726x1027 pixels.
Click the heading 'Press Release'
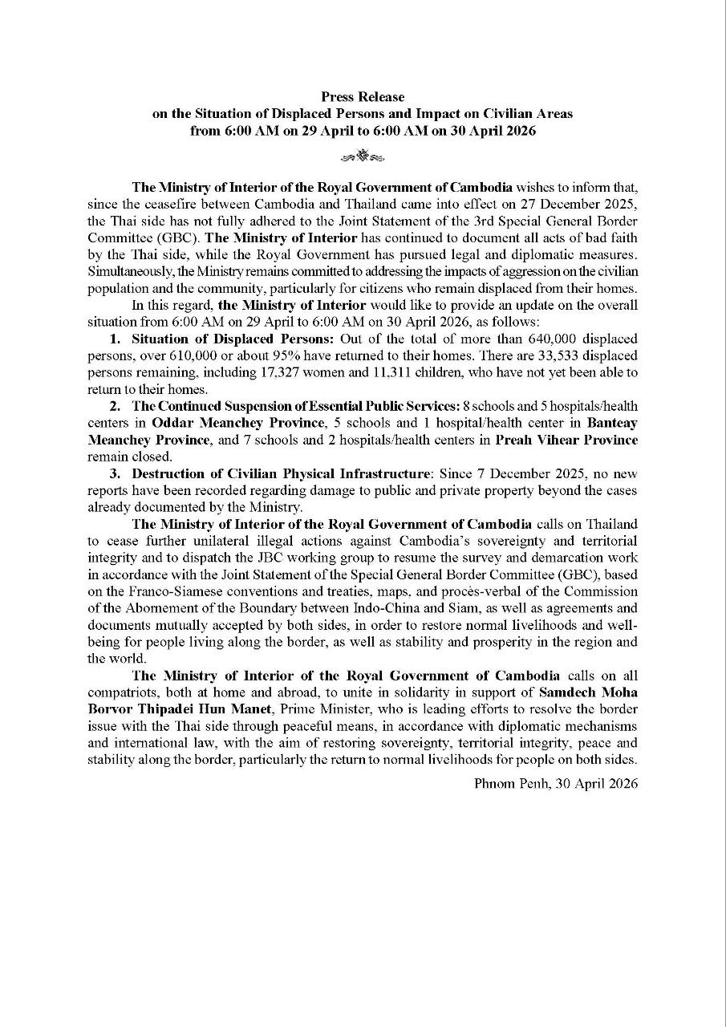[363, 97]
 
